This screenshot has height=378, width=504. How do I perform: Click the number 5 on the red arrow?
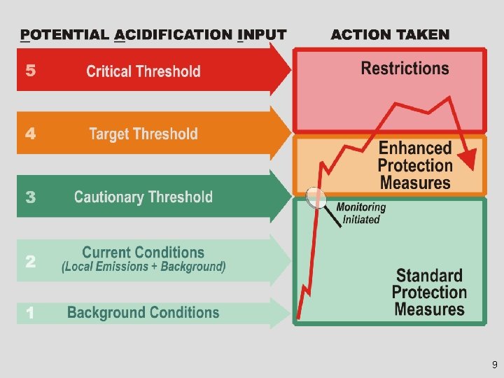pos(30,70)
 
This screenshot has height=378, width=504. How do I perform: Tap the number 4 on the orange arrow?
pos(31,133)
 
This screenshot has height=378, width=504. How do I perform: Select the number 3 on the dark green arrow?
pos(31,197)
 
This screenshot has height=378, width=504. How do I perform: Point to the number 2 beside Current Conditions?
pos(31,261)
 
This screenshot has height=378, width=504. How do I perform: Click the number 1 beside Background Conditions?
pos(30,314)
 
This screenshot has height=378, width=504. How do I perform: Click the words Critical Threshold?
pos(143,71)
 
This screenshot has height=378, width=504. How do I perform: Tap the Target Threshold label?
pos(143,134)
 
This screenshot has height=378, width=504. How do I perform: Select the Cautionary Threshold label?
pos(143,197)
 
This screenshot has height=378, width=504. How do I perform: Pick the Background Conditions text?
pos(143,313)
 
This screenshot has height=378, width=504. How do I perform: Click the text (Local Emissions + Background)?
pos(143,267)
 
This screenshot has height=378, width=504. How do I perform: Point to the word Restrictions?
pos(405,68)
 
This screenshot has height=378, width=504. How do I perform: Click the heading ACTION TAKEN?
pos(390,34)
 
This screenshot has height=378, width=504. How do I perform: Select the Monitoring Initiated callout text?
pos(361,213)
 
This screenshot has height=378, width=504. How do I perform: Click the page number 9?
pos(494,365)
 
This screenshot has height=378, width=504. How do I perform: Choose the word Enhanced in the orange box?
pos(415,148)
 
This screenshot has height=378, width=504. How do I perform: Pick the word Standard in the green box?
pos(429,276)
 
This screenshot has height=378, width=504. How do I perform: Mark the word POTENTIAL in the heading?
pos(65,34)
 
